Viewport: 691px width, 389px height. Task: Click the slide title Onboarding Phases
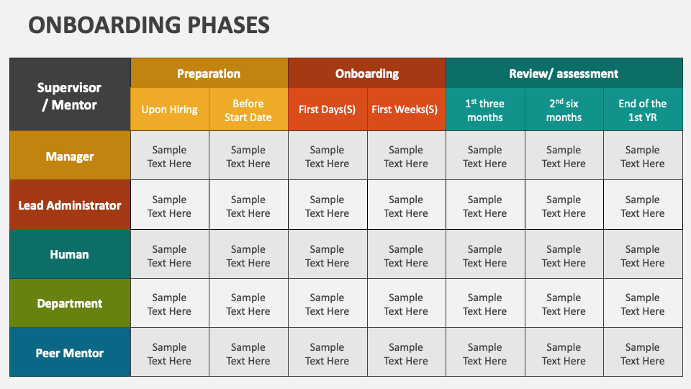coord(149,25)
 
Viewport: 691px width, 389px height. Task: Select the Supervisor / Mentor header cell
coord(70,96)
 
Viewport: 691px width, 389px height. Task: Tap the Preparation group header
coord(209,73)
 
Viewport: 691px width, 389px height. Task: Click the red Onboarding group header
coord(367,73)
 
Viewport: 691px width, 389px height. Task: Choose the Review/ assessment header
coord(564,73)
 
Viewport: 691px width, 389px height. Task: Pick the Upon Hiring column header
coord(170,109)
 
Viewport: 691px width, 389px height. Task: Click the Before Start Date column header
coord(248,110)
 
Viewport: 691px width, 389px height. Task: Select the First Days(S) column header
coord(328,109)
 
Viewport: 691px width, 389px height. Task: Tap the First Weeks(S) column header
coord(406,109)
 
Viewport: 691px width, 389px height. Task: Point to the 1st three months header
coord(485,110)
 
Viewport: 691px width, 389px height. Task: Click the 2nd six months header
coord(564,110)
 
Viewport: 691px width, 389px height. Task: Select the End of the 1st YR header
coord(643,110)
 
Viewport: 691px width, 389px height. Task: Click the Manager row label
coord(70,156)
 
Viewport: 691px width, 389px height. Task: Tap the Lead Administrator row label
coord(70,205)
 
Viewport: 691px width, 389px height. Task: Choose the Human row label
coord(70,254)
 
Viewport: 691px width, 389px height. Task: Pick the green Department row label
coord(70,303)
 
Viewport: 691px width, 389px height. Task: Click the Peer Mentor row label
coord(70,353)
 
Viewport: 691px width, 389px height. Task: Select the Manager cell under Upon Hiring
coord(170,156)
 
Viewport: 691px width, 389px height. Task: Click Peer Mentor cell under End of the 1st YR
coord(643,354)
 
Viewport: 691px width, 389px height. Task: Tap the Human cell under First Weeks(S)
coord(406,256)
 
